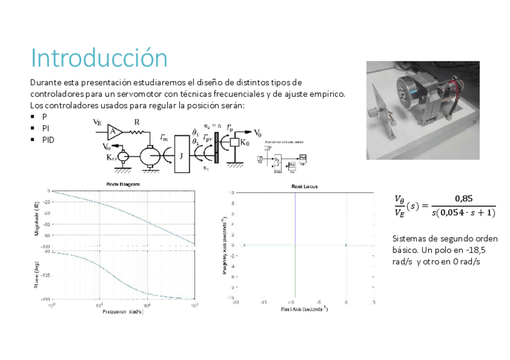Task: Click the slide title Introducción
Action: click(x=99, y=58)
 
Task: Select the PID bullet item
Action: click(x=48, y=139)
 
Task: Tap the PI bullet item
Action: click(x=45, y=128)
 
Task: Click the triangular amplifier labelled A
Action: click(x=115, y=132)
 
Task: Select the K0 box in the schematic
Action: click(x=244, y=143)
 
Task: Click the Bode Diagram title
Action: click(x=123, y=185)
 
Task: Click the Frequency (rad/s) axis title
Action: click(x=123, y=312)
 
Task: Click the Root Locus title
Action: click(x=304, y=187)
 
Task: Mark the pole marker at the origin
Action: click(x=346, y=245)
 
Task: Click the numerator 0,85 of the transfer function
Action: click(x=464, y=198)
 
